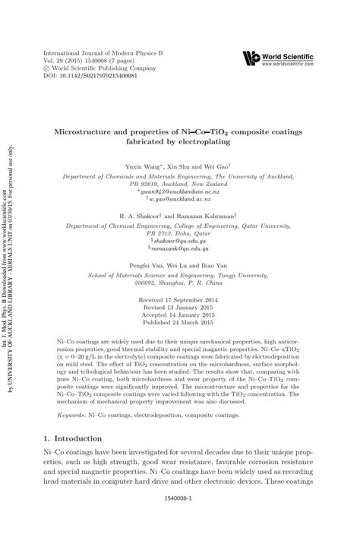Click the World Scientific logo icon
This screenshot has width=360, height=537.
coord(251,58)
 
